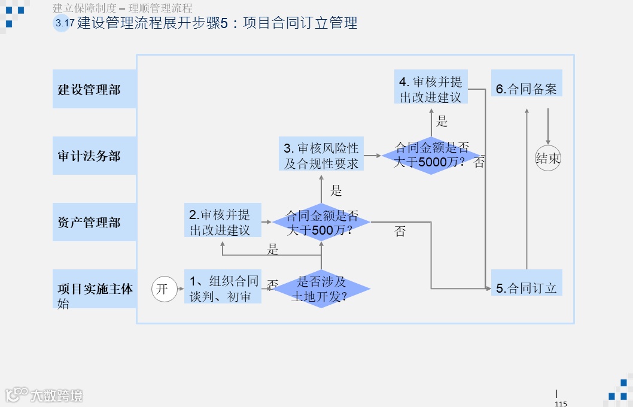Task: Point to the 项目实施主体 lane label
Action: [x=95, y=289]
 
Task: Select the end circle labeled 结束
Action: [x=547, y=159]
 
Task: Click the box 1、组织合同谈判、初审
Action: [x=223, y=288]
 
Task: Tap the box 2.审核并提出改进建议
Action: [x=223, y=221]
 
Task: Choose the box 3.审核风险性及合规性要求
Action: [x=321, y=155]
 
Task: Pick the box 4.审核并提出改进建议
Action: [x=431, y=89]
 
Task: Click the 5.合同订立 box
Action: [x=527, y=288]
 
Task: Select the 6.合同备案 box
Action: [x=527, y=89]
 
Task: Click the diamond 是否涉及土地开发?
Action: [x=322, y=288]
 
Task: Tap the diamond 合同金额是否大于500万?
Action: [x=322, y=222]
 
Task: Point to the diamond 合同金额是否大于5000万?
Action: [x=431, y=155]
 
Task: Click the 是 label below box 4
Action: [x=442, y=122]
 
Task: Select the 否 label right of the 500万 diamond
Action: [x=400, y=232]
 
